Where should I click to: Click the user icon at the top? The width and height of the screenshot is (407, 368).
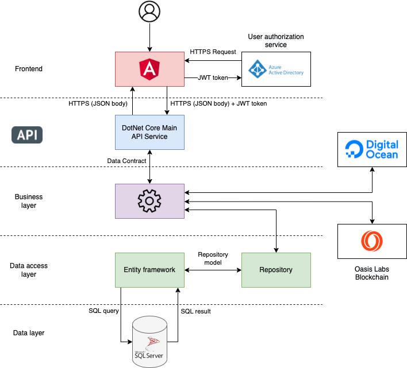pyautogui.click(x=149, y=11)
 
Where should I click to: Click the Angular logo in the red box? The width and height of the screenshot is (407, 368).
pyautogui.click(x=149, y=69)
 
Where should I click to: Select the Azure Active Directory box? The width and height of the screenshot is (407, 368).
pyautogui.click(x=276, y=69)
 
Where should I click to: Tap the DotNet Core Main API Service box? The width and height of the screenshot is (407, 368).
pyautogui.click(x=149, y=132)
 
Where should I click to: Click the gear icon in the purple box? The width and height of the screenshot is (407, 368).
pyautogui.click(x=149, y=201)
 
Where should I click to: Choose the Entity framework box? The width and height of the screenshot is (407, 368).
pyautogui.click(x=149, y=270)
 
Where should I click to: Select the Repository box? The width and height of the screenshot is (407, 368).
pyautogui.click(x=276, y=270)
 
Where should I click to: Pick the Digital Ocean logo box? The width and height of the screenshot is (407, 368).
pyautogui.click(x=372, y=149)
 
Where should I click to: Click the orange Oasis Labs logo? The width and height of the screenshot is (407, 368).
pyautogui.click(x=372, y=241)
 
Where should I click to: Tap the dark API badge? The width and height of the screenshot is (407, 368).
pyautogui.click(x=27, y=135)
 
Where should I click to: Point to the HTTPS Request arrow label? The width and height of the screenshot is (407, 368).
pyautogui.click(x=213, y=52)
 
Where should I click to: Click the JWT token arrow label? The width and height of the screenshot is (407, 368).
pyautogui.click(x=213, y=78)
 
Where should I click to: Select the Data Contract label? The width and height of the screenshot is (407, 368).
pyautogui.click(x=126, y=161)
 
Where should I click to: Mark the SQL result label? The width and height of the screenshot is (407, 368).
pyautogui.click(x=196, y=311)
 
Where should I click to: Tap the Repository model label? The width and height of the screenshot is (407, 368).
pyautogui.click(x=213, y=258)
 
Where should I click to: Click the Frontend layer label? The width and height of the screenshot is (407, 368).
pyautogui.click(x=29, y=69)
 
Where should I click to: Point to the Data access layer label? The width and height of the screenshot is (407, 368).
pyautogui.click(x=29, y=270)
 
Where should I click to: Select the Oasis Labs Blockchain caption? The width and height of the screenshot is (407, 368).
pyautogui.click(x=372, y=273)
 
